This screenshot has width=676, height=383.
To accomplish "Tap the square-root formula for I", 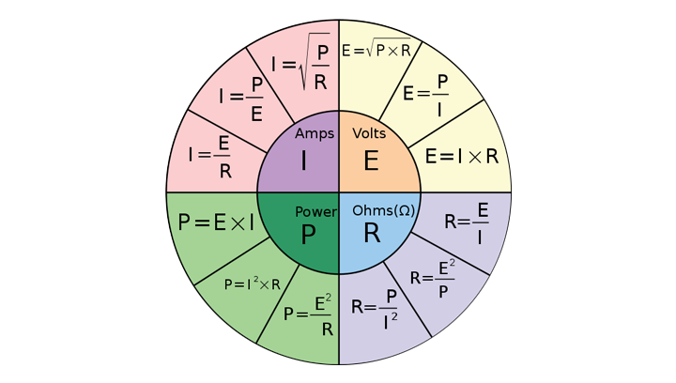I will click(300, 66).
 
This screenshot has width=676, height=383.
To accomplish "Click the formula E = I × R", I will click(461, 156).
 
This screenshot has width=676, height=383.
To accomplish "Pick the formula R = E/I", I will click(467, 225).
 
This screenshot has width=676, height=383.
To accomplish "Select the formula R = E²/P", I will click(435, 278).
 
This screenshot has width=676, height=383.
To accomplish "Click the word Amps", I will click(315, 134).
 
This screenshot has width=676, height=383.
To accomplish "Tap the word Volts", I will click(369, 134).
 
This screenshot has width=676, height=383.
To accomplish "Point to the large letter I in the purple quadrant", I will click(304, 161).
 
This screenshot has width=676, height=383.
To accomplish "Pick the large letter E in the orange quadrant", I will click(371, 161).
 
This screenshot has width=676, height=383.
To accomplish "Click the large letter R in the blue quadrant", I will click(372, 234).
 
